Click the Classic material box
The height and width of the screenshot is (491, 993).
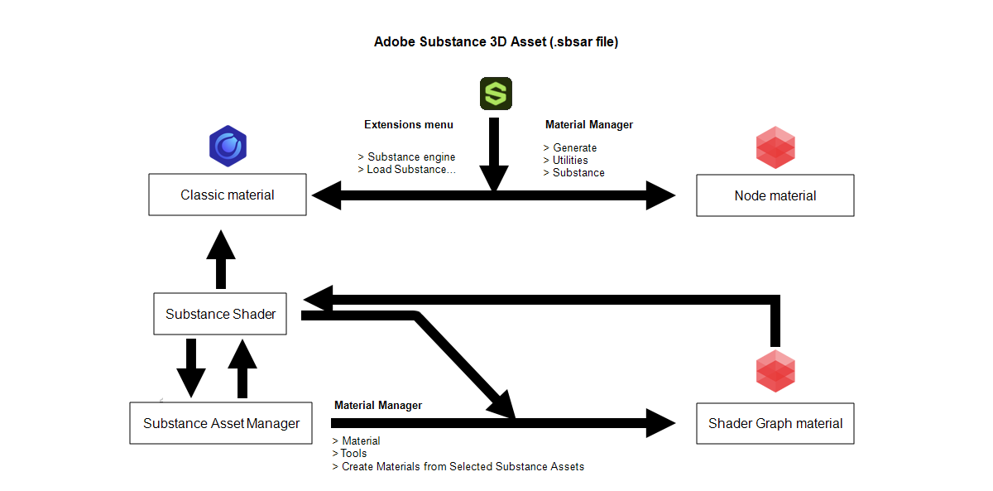[228, 195]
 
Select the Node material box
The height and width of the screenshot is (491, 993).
[775, 195]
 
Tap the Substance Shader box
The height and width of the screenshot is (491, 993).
[220, 314]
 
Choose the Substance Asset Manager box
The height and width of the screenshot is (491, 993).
[221, 423]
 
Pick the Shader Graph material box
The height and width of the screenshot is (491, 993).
[775, 423]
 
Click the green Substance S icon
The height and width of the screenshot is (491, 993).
[496, 94]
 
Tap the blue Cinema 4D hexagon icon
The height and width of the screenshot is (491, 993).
[228, 147]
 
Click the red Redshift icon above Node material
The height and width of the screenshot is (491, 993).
[775, 147]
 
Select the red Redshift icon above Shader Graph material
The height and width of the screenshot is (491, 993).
[775, 370]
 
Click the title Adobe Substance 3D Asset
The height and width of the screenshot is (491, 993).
[496, 41]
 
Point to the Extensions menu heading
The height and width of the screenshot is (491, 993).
[409, 125]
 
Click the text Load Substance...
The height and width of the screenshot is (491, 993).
[411, 170]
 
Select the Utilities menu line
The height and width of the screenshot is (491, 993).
[570, 161]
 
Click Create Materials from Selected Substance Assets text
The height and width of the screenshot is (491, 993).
[463, 467]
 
